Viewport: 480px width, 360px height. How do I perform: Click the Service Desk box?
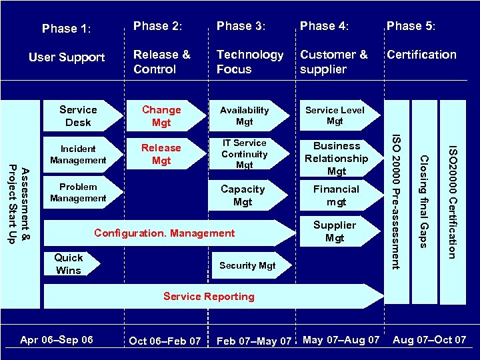pyautogui.click(x=78, y=116)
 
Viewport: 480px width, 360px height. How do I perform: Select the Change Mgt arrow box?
pyautogui.click(x=161, y=116)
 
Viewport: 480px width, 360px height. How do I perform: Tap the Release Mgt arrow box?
pyautogui.click(x=161, y=154)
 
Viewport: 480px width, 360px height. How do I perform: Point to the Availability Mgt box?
pyautogui.click(x=245, y=116)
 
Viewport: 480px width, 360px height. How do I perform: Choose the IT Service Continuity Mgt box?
pyautogui.click(x=245, y=154)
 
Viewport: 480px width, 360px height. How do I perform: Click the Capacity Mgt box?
pyautogui.click(x=243, y=195)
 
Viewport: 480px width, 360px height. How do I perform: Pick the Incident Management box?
pyautogui.click(x=78, y=155)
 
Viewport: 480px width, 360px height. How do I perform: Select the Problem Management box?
pyautogui.click(x=78, y=193)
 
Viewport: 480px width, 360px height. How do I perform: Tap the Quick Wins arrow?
pyautogui.click(x=69, y=264)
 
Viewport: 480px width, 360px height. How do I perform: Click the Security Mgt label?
pyautogui.click(x=247, y=265)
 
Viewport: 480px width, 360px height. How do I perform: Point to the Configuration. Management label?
pyautogui.click(x=165, y=233)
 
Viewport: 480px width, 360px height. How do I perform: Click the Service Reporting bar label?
pyautogui.click(x=209, y=297)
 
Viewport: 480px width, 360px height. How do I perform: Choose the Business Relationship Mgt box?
pyautogui.click(x=337, y=159)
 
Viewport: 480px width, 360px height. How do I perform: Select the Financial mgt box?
pyautogui.click(x=337, y=195)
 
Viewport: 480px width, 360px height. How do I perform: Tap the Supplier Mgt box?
pyautogui.click(x=335, y=231)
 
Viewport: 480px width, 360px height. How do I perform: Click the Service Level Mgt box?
pyautogui.click(x=335, y=116)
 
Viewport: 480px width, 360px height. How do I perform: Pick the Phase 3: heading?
pyautogui.click(x=241, y=26)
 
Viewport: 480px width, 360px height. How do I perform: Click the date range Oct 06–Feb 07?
pyautogui.click(x=165, y=341)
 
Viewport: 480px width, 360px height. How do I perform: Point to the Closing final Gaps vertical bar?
pyautogui.click(x=423, y=201)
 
